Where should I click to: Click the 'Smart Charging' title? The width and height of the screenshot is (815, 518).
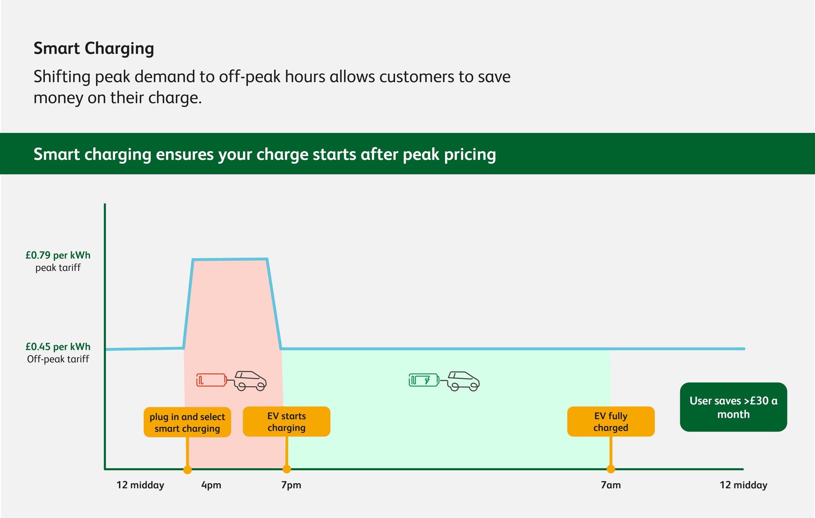click(94, 49)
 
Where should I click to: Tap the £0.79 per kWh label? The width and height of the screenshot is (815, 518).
click(58, 255)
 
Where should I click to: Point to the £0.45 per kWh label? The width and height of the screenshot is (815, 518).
click(58, 347)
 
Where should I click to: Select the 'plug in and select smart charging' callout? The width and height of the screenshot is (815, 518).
click(187, 422)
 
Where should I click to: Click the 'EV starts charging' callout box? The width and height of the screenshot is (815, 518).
click(286, 421)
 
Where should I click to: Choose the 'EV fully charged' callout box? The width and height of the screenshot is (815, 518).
click(611, 421)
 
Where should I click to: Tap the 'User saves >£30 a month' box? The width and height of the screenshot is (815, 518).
click(733, 407)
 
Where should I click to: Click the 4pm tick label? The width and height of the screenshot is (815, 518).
click(211, 485)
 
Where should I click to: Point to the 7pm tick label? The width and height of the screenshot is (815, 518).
click(291, 485)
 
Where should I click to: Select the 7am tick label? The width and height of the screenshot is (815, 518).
click(611, 485)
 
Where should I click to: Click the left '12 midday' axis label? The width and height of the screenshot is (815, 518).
click(140, 485)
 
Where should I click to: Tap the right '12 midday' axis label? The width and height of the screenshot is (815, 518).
click(743, 485)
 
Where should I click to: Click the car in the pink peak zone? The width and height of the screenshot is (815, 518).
click(250, 381)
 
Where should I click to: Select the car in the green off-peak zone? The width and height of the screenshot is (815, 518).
click(463, 381)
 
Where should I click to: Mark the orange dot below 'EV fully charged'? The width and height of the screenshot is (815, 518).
click(611, 469)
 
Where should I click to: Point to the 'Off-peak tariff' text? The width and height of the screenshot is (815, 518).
click(58, 359)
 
